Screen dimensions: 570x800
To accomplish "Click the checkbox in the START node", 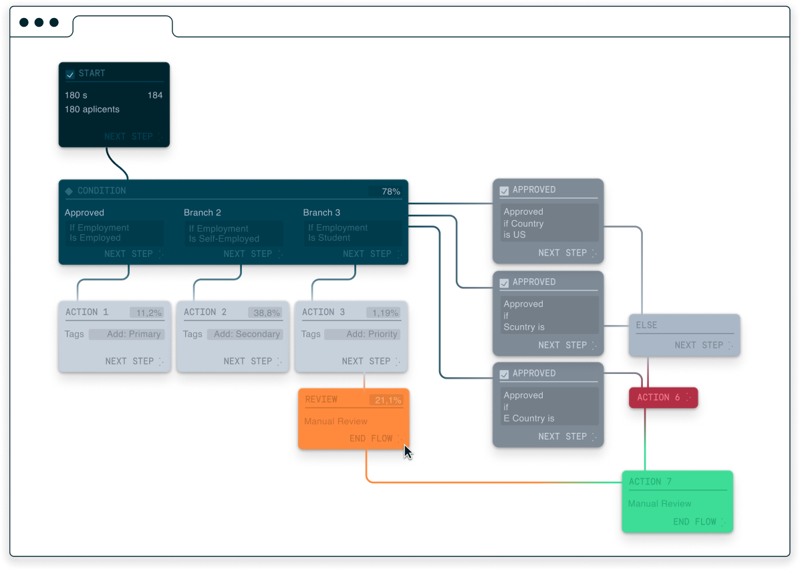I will pos(70,74).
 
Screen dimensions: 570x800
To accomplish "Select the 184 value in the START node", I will pos(155,96).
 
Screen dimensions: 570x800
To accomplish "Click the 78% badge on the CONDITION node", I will pos(391,192).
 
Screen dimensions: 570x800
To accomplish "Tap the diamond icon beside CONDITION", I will pos(69,191).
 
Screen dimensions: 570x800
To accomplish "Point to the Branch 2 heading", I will pos(203,213).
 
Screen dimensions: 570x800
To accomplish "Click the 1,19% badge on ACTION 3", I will pos(385,313).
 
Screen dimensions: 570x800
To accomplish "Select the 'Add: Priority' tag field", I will pos(371,335).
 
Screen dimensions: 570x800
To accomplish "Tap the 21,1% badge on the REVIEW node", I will pos(388,401).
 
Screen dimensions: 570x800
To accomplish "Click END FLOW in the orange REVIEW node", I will pos(371,439).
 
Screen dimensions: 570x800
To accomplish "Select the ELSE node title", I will pos(646,326).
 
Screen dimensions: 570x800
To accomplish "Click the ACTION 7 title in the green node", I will pos(650,482).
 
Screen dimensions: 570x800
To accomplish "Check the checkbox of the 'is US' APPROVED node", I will pos(505,191).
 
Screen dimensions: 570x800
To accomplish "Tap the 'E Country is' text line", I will pos(529,419).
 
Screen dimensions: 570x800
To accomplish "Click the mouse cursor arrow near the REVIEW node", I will pos(408,452).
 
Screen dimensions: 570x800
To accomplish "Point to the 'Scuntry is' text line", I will pos(524,327).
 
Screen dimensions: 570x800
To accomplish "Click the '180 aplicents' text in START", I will pos(92,109).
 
